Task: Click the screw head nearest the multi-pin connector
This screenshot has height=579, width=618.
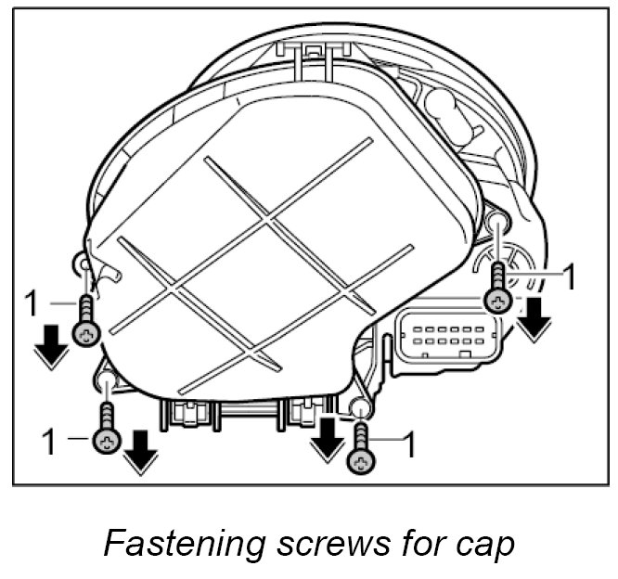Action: [x=498, y=300]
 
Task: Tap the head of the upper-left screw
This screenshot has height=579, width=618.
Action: [x=84, y=335]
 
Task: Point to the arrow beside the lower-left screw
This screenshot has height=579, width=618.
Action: [x=139, y=450]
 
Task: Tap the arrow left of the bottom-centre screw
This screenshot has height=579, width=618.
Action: [x=326, y=439]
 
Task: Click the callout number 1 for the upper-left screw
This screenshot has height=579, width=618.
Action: [x=30, y=302]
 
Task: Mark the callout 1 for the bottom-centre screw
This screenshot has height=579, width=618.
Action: [x=406, y=446]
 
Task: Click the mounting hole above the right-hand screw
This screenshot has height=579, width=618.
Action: [x=498, y=221]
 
